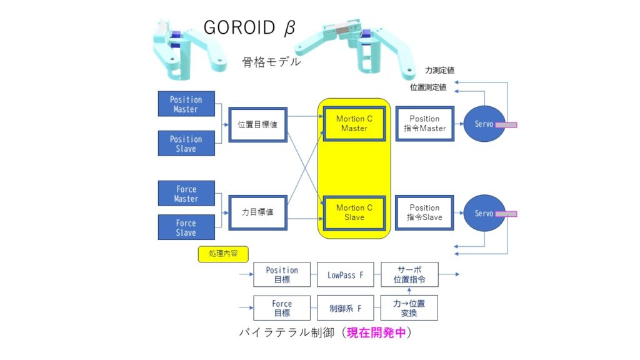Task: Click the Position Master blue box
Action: [186, 104]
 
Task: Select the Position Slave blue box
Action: [186, 143]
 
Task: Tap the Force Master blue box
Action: [186, 193]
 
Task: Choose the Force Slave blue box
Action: [186, 227]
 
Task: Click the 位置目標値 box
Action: [257, 124]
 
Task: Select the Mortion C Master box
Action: [354, 124]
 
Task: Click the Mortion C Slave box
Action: [354, 212]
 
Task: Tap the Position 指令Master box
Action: [424, 124]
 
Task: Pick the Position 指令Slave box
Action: [424, 212]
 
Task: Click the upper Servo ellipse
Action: [484, 124]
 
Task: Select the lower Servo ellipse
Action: [484, 213]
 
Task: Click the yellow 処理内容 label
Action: [223, 254]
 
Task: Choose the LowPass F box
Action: [345, 274]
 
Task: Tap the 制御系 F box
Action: [345, 307]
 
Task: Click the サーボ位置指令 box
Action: [409, 274]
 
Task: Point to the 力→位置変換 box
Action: [409, 307]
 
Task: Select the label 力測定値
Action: [439, 71]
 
